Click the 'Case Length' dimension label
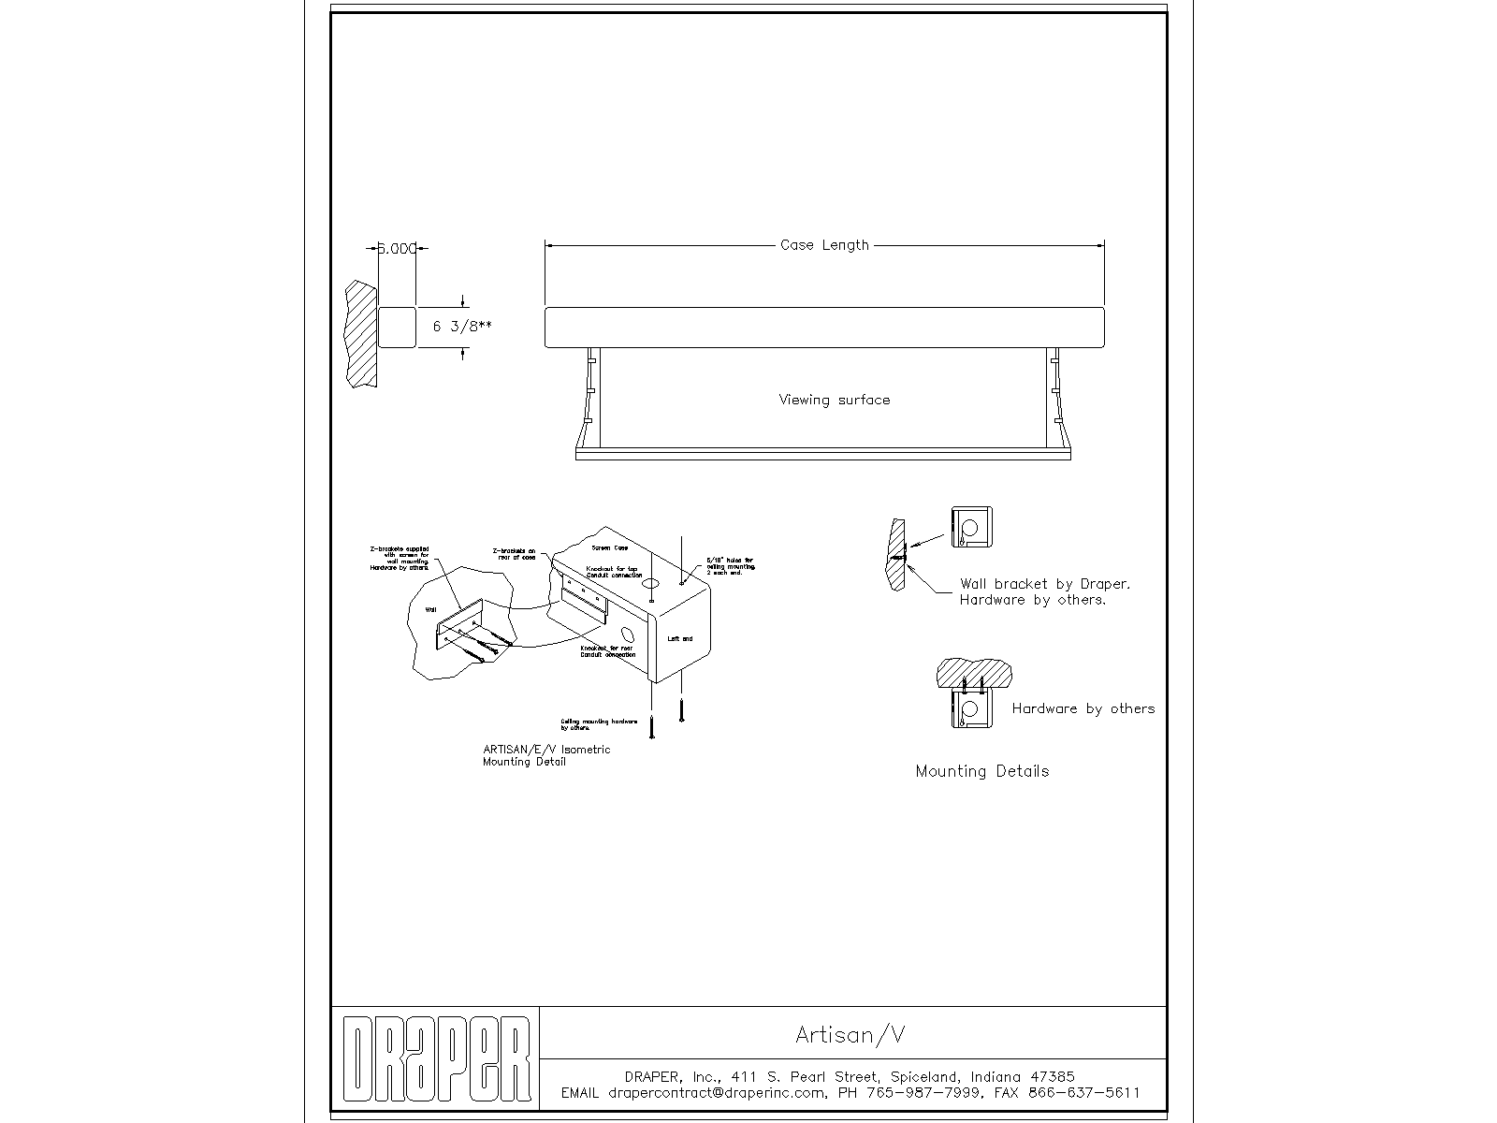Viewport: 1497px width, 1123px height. [824, 245]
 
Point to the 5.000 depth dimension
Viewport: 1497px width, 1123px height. [397, 249]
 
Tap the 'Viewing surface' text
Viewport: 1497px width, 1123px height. [834, 400]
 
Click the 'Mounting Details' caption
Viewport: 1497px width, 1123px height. [981, 771]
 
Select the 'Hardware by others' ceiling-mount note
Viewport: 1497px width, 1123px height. [1083, 708]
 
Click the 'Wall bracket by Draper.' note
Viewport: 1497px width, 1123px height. [1044, 584]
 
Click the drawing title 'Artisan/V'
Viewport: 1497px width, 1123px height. [850, 1034]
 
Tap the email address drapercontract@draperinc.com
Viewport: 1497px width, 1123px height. [717, 1092]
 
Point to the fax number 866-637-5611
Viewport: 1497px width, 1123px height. [1083, 1092]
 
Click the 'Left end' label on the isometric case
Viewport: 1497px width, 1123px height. [680, 638]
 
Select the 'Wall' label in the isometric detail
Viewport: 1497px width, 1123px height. [431, 609]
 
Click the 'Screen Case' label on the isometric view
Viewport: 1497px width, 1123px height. [610, 547]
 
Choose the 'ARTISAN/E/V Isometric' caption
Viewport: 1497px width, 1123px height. [545, 750]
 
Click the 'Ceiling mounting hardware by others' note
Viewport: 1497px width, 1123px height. [599, 723]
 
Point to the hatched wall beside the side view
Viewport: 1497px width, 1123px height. [361, 334]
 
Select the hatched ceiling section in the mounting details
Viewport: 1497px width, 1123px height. [975, 671]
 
